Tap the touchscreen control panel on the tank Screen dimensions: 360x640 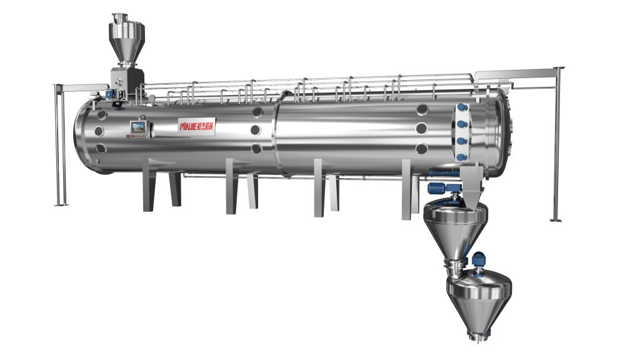[x=138, y=127]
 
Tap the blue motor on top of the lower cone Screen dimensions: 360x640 [x=479, y=258]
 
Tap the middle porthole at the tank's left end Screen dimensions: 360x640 [x=98, y=132]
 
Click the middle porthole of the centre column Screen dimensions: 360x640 [x=256, y=130]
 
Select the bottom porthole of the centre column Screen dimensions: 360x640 [x=256, y=149]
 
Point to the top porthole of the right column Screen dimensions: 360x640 [x=422, y=109]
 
